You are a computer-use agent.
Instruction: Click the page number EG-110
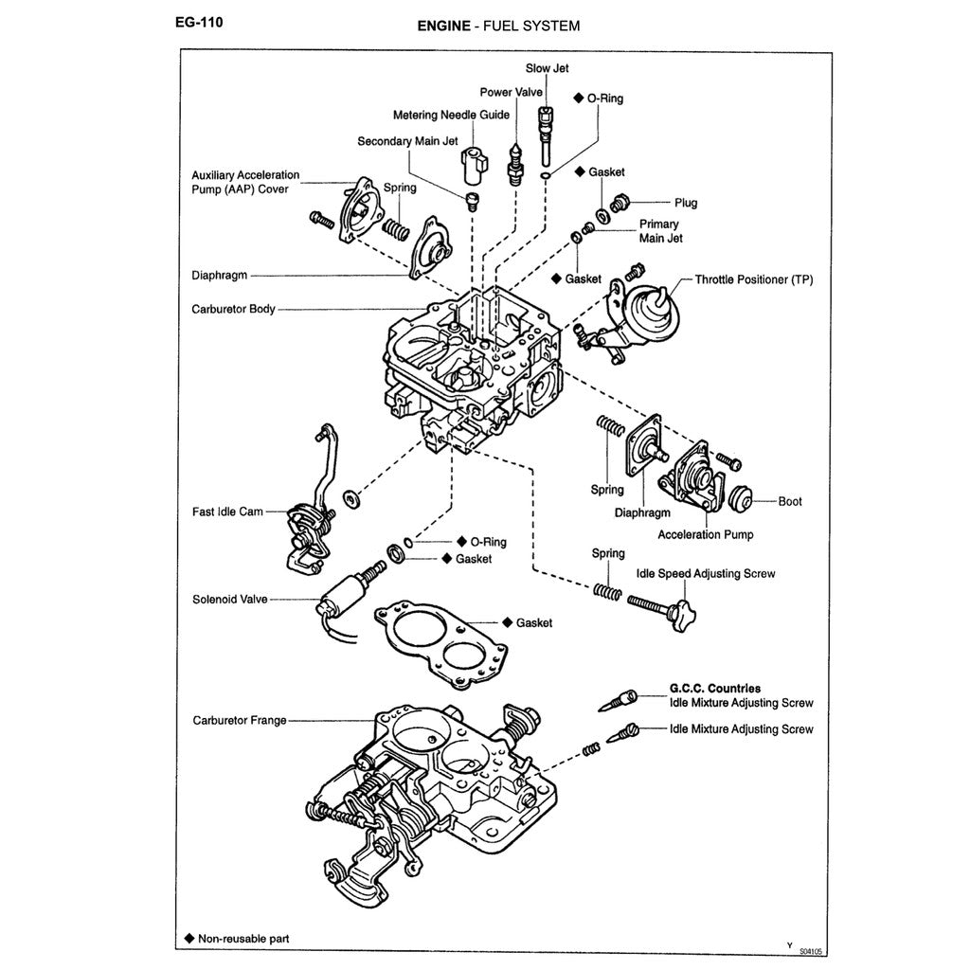click(x=199, y=23)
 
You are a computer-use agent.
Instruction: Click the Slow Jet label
click(x=548, y=68)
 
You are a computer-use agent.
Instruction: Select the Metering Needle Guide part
click(x=472, y=165)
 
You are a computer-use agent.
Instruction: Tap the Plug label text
click(x=686, y=203)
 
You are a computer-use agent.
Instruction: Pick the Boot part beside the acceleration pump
click(x=741, y=499)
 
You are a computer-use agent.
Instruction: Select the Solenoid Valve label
click(x=230, y=600)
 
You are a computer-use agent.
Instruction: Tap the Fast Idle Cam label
click(x=227, y=512)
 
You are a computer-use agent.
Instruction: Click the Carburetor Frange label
click(x=239, y=720)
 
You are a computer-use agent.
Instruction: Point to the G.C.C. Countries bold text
click(x=715, y=689)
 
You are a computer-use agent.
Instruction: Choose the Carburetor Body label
click(x=233, y=309)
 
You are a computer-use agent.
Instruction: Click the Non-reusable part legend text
click(x=243, y=940)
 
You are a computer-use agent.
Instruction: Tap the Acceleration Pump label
click(x=706, y=534)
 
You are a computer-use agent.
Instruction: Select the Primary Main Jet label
click(x=660, y=231)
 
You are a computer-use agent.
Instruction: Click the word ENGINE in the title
click(x=444, y=27)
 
